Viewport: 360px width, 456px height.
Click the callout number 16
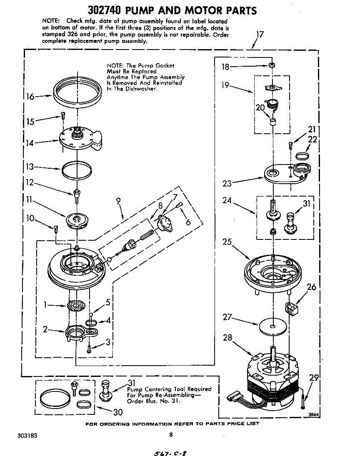click(x=30, y=97)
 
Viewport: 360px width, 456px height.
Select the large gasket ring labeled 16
click(x=78, y=91)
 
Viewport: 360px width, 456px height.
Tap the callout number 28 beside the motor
click(x=227, y=338)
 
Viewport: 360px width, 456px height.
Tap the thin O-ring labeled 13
click(x=77, y=169)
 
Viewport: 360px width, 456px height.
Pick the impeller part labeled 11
click(x=77, y=220)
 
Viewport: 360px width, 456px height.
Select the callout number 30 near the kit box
click(x=118, y=412)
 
